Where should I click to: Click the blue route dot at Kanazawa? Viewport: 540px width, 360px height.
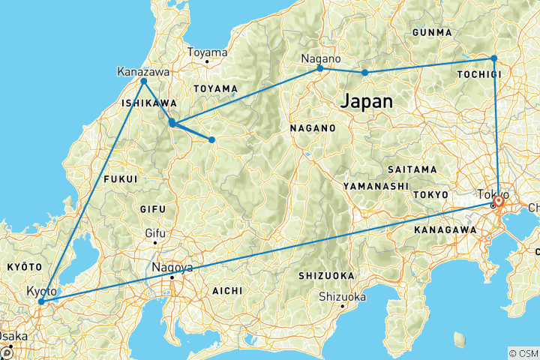click(143, 81)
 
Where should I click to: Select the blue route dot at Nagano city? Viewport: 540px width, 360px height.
click(320, 68)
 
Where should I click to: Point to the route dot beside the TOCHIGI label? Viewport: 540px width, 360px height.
click(493, 58)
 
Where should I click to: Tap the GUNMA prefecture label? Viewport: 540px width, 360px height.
click(432, 33)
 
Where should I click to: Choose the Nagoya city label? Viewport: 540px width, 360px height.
click(172, 268)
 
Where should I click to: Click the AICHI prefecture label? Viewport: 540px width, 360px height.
click(226, 290)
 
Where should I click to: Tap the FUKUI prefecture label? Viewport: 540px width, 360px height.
click(121, 179)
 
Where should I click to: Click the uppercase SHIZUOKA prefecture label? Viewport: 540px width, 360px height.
click(325, 275)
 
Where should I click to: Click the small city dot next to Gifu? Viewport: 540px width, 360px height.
click(155, 242)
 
